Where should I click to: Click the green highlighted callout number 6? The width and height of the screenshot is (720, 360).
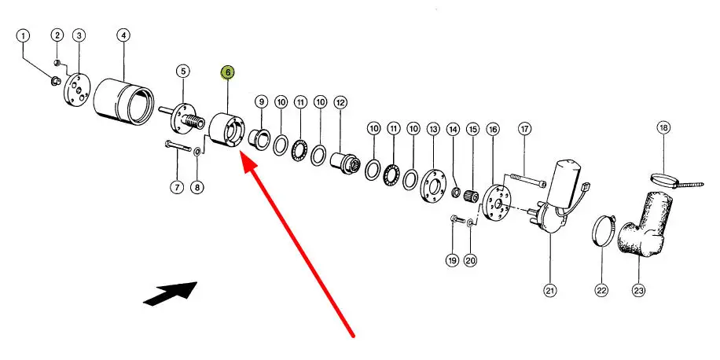[x=227, y=72]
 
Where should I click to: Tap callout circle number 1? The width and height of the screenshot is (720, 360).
[x=23, y=35]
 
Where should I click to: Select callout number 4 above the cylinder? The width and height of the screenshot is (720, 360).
[x=123, y=35]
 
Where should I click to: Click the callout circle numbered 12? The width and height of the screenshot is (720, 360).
[x=340, y=102]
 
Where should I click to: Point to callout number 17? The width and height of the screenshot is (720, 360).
[x=524, y=128]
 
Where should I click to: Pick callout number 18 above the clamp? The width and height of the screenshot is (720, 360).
[x=663, y=127]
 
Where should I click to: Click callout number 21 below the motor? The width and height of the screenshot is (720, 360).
[x=549, y=291]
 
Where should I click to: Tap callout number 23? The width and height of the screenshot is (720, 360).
[x=638, y=291]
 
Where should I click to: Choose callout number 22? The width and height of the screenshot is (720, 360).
[x=601, y=291]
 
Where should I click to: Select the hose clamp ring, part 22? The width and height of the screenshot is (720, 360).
[x=603, y=229]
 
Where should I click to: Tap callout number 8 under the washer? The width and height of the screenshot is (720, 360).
[x=197, y=187]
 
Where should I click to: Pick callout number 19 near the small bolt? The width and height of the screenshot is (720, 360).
[x=452, y=259]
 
